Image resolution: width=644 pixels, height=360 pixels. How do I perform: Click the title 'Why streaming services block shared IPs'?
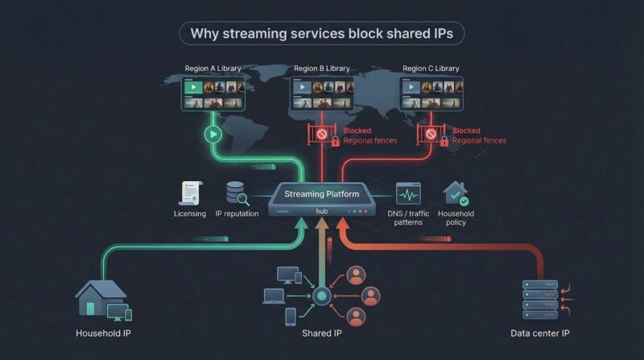[322, 34]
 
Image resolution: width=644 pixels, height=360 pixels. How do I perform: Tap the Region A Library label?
[213, 68]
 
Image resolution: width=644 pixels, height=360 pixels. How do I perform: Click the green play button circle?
[213, 134]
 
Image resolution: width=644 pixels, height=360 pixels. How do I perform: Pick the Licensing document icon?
[191, 193]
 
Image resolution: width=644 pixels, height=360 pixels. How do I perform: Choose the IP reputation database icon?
[237, 193]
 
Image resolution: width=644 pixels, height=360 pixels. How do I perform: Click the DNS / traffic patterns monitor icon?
[408, 194]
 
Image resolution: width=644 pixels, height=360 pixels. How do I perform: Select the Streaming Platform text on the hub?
[323, 194]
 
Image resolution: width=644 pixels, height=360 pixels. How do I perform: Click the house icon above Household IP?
[101, 297]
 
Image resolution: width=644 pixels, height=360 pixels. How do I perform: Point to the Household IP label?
[103, 333]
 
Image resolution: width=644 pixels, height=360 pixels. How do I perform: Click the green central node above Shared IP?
[322, 296]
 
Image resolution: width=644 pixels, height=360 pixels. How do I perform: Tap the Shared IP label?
[322, 333]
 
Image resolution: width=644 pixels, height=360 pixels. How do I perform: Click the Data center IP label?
[541, 333]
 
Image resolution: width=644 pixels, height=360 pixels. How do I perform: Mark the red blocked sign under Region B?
[322, 135]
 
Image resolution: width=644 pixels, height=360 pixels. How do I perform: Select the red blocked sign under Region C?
[431, 134]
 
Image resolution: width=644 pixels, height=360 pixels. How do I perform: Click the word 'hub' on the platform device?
[322, 211]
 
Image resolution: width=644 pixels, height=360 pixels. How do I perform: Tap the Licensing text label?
[190, 213]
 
